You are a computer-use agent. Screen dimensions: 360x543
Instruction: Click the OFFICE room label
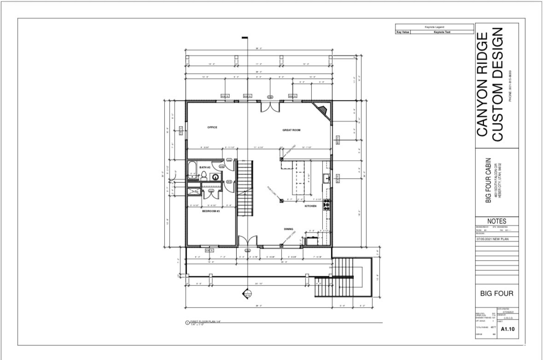pyautogui.click(x=212, y=127)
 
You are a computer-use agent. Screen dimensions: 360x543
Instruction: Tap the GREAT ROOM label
pyautogui.click(x=291, y=130)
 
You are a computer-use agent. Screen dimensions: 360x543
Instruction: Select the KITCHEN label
pyautogui.click(x=310, y=206)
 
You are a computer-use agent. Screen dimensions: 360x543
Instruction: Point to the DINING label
pyautogui.click(x=288, y=229)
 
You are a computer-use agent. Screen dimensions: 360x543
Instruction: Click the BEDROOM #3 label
pyautogui.click(x=211, y=211)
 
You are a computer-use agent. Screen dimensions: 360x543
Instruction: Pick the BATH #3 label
pyautogui.click(x=205, y=167)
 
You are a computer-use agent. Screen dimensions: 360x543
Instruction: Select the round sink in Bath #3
pyautogui.click(x=215, y=177)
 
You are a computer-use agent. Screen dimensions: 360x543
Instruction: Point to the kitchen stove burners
pyautogui.click(x=327, y=205)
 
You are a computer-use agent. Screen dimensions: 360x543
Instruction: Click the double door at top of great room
pyautogui.click(x=270, y=107)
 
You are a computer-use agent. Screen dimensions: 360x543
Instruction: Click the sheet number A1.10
pyautogui.click(x=507, y=329)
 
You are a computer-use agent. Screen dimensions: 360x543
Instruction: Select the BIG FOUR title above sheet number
pyautogui.click(x=496, y=293)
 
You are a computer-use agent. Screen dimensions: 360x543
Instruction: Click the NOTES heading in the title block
pyautogui.click(x=496, y=221)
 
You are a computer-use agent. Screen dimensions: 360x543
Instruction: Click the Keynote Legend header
pyautogui.click(x=434, y=28)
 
